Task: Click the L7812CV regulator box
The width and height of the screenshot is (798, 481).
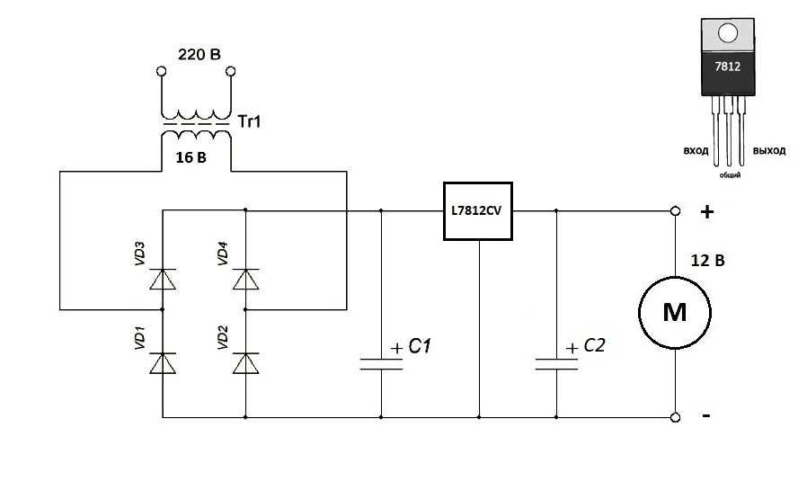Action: point(478,212)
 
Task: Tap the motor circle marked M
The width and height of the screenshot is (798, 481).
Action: point(674,312)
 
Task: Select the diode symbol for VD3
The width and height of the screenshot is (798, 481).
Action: point(163,280)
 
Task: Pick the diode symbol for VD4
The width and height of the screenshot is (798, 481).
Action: point(245,280)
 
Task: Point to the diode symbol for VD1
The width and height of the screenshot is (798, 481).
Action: point(163,362)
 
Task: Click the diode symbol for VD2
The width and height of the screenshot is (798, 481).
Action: point(245,362)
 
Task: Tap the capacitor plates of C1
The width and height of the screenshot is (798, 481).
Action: point(381,363)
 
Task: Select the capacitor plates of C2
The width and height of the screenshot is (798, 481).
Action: point(555,363)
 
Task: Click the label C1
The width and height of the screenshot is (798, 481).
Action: point(420,345)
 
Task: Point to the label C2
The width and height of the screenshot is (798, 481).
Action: point(594,345)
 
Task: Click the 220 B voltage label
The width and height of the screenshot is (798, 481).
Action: point(199,55)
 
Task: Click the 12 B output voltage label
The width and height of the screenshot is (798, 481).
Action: point(707,262)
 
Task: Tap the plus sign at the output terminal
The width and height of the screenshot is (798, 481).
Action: point(707,212)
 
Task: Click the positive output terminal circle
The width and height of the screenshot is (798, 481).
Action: point(675,212)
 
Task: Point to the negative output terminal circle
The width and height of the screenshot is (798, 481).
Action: point(675,417)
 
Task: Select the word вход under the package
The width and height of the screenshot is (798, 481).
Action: point(696,150)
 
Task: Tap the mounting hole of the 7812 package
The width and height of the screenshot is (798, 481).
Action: point(728,34)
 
